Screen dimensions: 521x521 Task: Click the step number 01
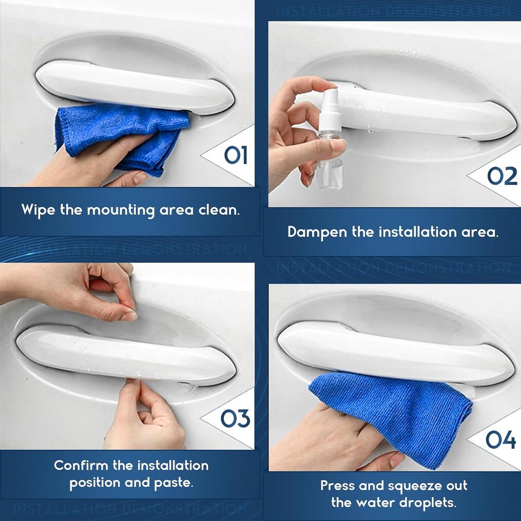[x=236, y=155]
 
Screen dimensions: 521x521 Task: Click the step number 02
[x=502, y=176]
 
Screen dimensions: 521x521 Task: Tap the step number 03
[x=235, y=418]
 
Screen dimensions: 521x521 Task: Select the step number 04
[x=501, y=440]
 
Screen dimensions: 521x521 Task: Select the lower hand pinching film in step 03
[x=142, y=417]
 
